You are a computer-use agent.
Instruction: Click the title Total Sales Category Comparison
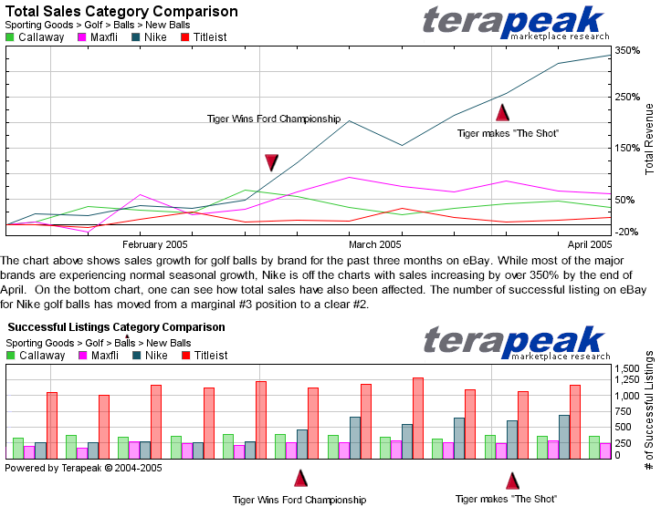pos(121,12)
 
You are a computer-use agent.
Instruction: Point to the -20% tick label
pos(626,232)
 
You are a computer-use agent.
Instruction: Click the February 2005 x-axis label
pos(155,244)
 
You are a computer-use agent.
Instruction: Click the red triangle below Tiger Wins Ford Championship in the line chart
pos(271,162)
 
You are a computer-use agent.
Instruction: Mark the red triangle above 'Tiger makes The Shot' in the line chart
pos(502,113)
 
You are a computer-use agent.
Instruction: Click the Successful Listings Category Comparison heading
pos(116,327)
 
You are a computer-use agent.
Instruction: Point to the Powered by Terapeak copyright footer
pos(83,467)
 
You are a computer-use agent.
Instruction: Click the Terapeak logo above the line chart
pos(516,22)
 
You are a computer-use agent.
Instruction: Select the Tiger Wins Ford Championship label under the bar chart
pos(299,500)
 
